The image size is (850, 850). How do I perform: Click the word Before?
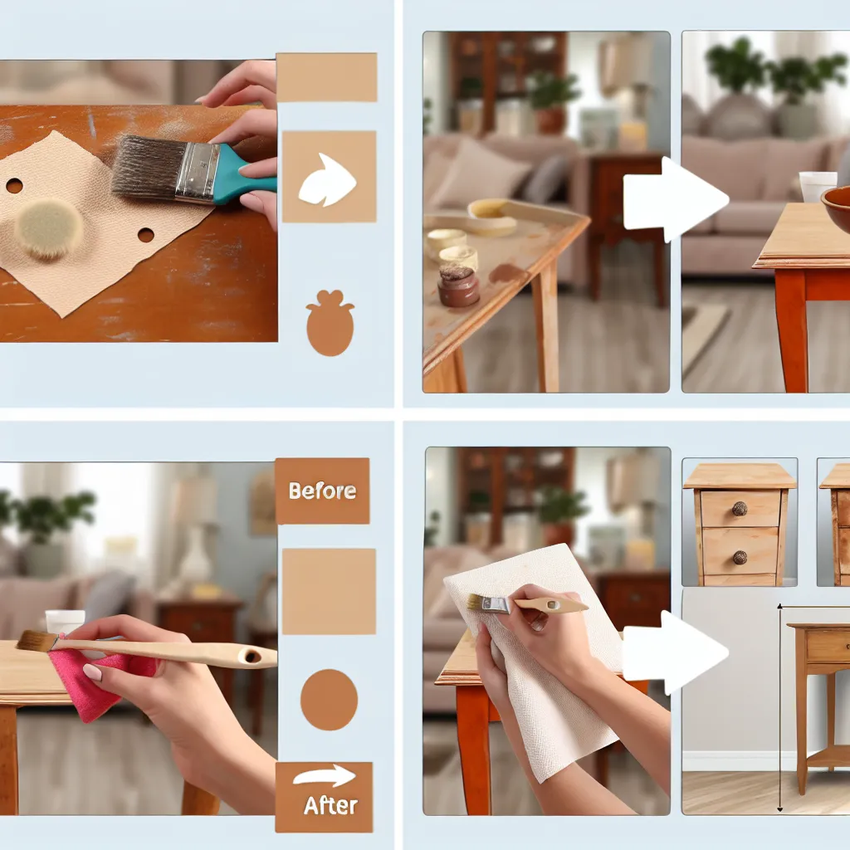pyautogui.click(x=323, y=491)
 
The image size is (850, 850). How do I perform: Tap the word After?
pyautogui.click(x=330, y=805)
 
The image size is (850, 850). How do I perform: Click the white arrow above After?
pyautogui.click(x=325, y=776)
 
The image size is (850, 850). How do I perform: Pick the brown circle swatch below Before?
pyautogui.click(x=329, y=700)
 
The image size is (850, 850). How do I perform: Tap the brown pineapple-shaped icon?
pyautogui.click(x=330, y=323)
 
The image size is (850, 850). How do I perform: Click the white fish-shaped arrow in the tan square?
pyautogui.click(x=327, y=180)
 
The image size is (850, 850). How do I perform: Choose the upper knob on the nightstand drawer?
pyautogui.click(x=740, y=509)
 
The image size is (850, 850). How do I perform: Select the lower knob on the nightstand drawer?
pyautogui.click(x=740, y=557)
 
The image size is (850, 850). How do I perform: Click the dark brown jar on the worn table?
pyautogui.click(x=458, y=286)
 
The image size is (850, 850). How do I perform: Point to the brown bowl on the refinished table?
pyautogui.click(x=836, y=208)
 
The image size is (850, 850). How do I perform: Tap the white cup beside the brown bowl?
pyautogui.click(x=818, y=185)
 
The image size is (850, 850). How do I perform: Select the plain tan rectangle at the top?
pyautogui.click(x=326, y=77)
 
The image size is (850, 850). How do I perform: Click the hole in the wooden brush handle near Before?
pyautogui.click(x=252, y=657)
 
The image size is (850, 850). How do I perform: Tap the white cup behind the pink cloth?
pyautogui.click(x=65, y=621)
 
